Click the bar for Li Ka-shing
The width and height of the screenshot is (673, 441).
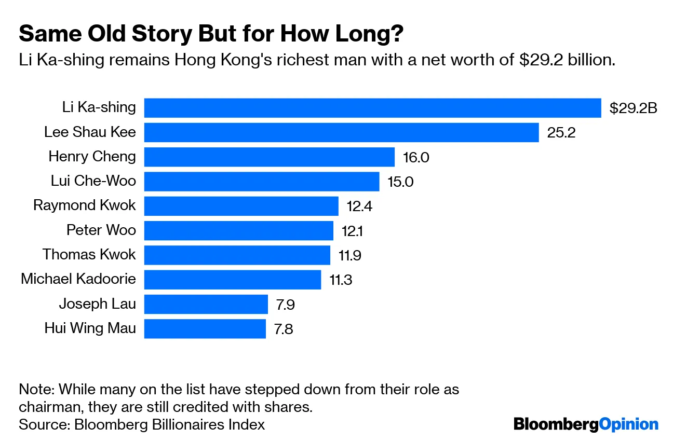[x=372, y=108]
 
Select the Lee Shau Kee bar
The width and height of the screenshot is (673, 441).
[x=341, y=132]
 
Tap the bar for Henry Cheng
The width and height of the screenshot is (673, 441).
[x=270, y=157]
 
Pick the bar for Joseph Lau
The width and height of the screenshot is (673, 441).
[x=206, y=304]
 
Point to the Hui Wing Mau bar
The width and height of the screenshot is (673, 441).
[x=205, y=328]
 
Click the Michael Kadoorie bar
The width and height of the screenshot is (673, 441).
[x=232, y=280]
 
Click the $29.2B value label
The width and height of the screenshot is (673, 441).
[x=633, y=108]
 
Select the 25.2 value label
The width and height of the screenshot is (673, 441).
[x=561, y=133]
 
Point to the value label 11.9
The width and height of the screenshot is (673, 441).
[x=350, y=255]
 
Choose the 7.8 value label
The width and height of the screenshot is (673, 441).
[x=283, y=329]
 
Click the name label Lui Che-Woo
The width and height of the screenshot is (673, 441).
[x=93, y=181]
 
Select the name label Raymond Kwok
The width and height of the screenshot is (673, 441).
[x=85, y=205]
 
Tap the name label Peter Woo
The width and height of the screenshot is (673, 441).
[x=101, y=229]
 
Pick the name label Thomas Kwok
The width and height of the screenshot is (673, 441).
[x=89, y=254]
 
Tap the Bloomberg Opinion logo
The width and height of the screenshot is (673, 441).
[x=586, y=424]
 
